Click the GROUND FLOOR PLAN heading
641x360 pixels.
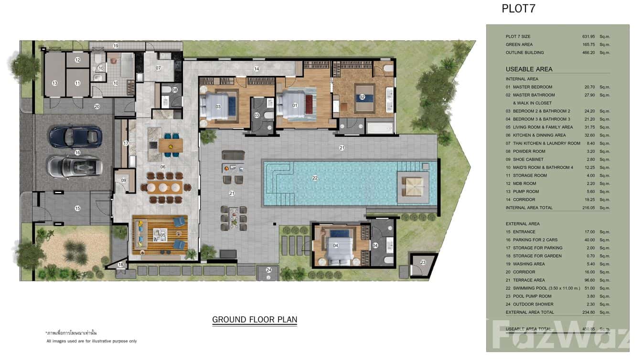point(255,319)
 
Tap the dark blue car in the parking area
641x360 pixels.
point(76,136)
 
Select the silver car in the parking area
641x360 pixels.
point(75,166)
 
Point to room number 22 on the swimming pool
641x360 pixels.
point(315,178)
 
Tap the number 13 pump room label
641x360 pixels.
point(54,83)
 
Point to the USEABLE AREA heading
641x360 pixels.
point(529,69)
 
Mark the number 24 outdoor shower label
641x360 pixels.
point(269,270)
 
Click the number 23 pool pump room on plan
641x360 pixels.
point(423,262)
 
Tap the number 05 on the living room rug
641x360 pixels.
point(162,234)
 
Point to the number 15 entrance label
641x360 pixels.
point(77,208)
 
